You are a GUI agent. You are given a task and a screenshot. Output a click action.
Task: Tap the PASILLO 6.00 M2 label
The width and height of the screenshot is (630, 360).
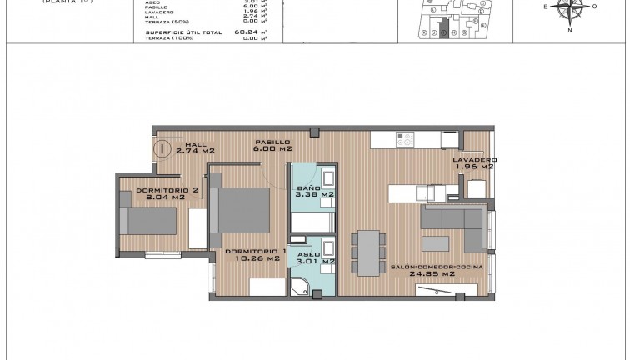(x=273, y=147)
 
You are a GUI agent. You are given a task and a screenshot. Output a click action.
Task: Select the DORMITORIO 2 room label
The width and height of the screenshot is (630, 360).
(x=167, y=194)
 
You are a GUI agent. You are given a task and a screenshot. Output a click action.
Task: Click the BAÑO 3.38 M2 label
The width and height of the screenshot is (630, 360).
(x=315, y=192)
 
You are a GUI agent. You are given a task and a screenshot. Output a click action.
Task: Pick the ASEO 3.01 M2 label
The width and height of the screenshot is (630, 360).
(x=315, y=257)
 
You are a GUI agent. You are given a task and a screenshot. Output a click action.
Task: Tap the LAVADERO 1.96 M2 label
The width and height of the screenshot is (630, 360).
(x=475, y=163)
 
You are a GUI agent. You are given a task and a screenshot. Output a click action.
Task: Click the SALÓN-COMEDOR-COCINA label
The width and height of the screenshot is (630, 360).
(x=422, y=269)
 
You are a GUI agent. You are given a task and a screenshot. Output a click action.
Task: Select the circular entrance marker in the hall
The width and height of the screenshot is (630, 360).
(x=162, y=150)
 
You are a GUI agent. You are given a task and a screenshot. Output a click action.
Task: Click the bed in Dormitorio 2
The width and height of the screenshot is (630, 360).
(x=152, y=222)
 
